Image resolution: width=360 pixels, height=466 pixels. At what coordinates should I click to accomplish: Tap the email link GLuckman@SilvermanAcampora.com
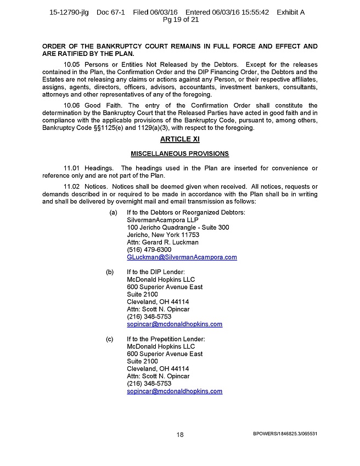pyautogui.click(x=182, y=257)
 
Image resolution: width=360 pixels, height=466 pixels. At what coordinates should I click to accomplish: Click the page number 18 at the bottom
pyautogui.click(x=179, y=434)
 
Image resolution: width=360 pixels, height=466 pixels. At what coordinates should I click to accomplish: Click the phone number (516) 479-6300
pyautogui.click(x=145, y=249)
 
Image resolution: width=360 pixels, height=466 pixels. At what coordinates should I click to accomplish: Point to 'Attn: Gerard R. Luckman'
pyautogui.click(x=162, y=242)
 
